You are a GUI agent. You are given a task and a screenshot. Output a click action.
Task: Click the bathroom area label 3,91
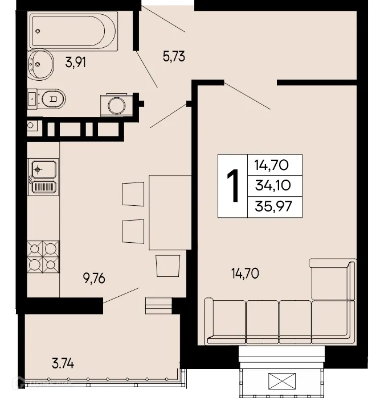click(77, 63)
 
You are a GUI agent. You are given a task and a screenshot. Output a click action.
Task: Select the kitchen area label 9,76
click(95, 279)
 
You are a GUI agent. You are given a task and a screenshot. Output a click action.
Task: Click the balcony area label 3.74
click(63, 362)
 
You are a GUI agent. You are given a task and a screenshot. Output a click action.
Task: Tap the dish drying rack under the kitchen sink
click(43, 187)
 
